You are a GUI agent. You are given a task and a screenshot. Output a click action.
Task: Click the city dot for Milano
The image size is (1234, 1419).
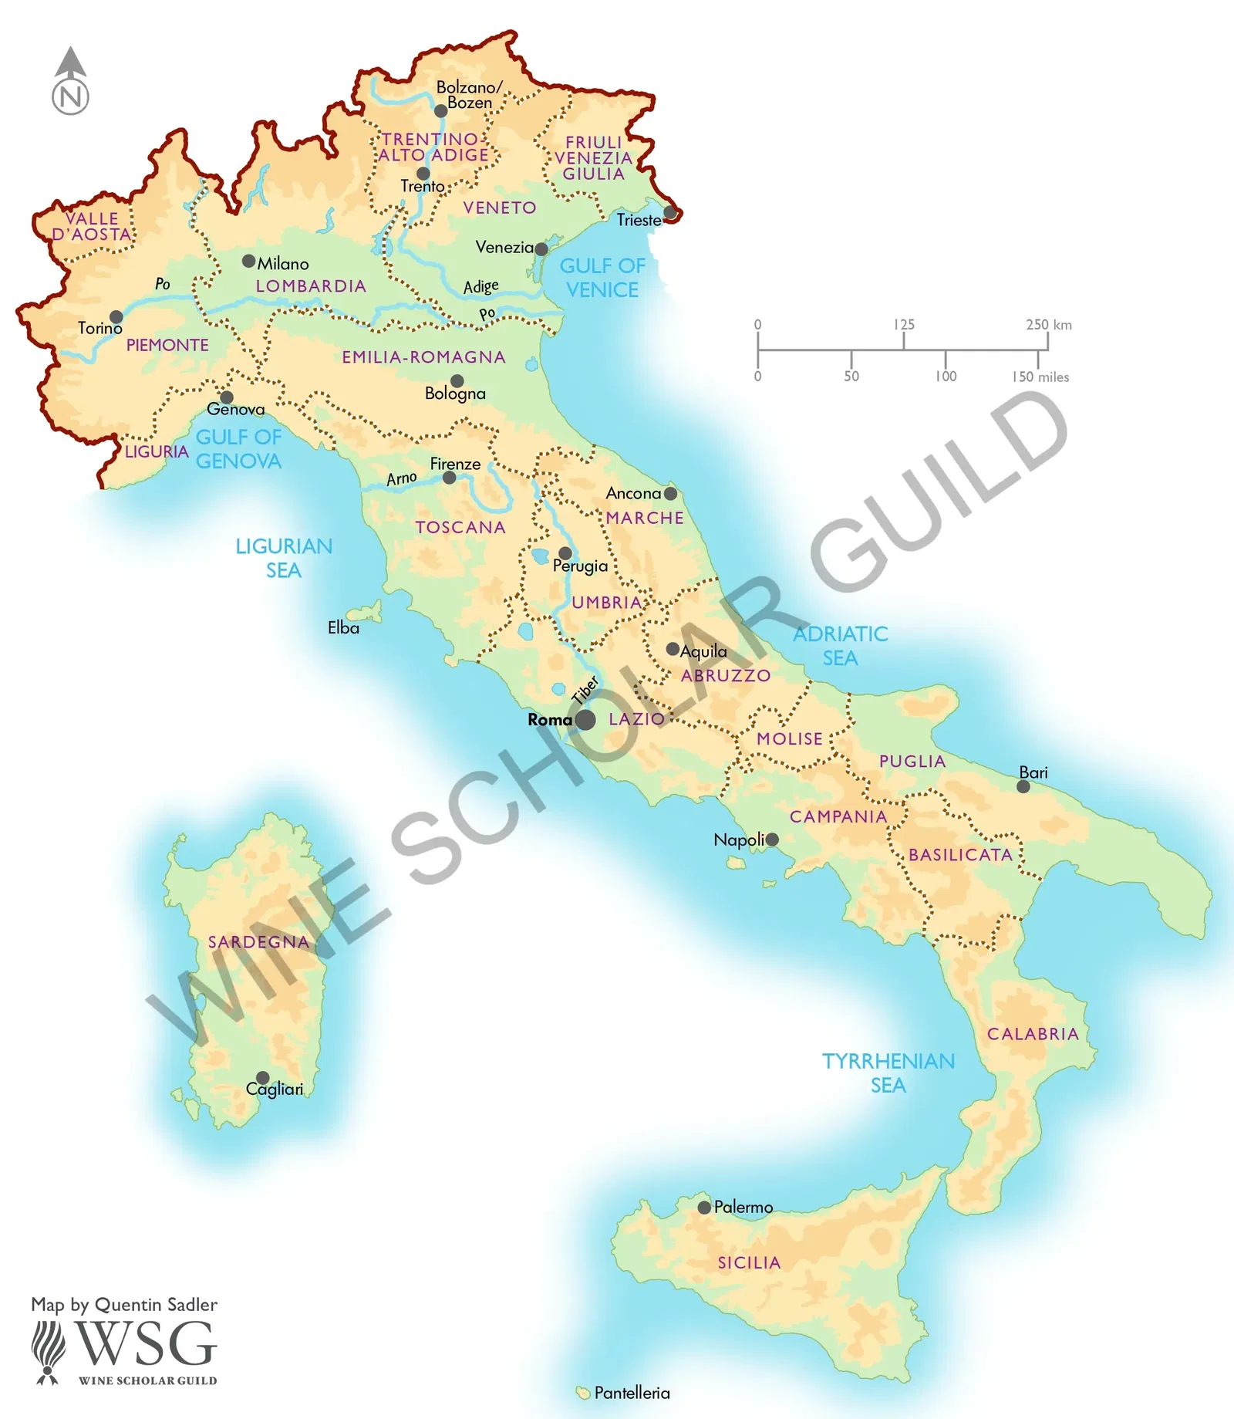(x=248, y=261)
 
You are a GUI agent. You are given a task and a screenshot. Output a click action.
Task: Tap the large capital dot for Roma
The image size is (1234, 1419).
(x=585, y=720)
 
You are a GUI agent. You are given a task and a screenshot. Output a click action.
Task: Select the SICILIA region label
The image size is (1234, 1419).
(x=749, y=1262)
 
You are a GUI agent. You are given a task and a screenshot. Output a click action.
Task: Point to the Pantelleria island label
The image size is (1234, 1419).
(x=632, y=1393)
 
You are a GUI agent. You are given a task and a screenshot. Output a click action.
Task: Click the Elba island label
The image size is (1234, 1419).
(x=343, y=628)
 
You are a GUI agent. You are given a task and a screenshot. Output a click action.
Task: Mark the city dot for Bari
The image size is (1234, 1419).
(x=1023, y=786)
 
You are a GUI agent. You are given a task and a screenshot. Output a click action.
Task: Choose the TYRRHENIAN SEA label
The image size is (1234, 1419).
(x=888, y=1073)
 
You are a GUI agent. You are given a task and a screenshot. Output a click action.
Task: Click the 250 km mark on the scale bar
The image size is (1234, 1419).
(x=1048, y=325)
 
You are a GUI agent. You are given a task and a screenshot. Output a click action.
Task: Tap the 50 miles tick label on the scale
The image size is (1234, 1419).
(x=851, y=377)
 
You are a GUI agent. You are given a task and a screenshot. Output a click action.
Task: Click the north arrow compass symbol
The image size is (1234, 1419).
(x=70, y=81)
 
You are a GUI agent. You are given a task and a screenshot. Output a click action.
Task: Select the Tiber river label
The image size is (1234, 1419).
(x=585, y=689)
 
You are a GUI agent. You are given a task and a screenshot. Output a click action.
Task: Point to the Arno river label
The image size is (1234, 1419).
(x=402, y=478)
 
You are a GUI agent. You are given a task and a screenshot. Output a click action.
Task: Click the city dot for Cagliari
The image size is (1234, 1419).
(x=262, y=1077)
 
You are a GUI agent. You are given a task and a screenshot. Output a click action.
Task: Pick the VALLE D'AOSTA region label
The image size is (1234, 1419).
(x=91, y=226)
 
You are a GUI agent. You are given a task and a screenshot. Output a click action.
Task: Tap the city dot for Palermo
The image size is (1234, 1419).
(x=703, y=1208)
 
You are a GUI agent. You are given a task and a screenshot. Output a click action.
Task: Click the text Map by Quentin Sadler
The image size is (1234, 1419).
(x=124, y=1305)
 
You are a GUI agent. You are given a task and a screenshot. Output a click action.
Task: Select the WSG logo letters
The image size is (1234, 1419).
(x=146, y=1344)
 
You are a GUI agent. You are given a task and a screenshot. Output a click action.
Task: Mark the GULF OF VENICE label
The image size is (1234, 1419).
(x=602, y=278)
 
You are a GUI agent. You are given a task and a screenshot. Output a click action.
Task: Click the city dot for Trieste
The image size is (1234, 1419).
(x=669, y=211)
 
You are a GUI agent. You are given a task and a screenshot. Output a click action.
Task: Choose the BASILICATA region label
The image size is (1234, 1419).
(x=960, y=855)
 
